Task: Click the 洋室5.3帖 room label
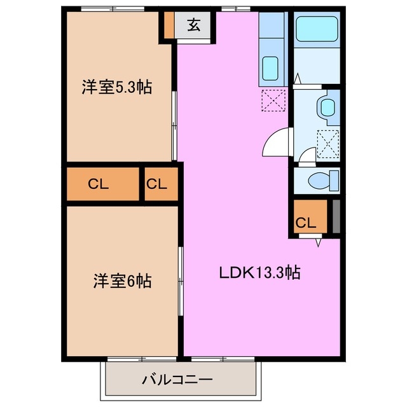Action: coord(116,88)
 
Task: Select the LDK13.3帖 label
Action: coord(259,273)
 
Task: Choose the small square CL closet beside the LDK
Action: coord(157,184)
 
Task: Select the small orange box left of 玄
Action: coord(169,24)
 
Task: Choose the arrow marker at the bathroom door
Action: coord(298,79)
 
